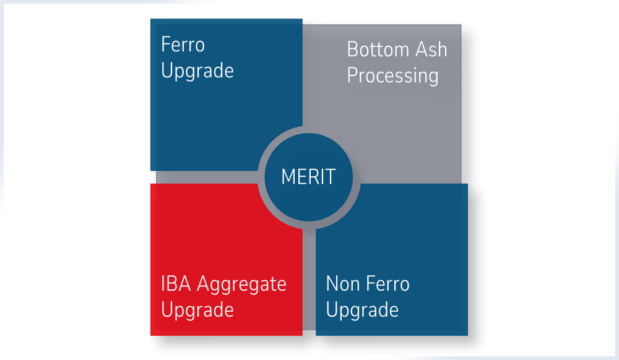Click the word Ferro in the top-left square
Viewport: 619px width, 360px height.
[x=183, y=45]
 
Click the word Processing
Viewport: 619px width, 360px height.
[x=392, y=77]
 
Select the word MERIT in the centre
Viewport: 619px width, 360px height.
[x=308, y=177]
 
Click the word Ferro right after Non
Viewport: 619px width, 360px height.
[x=389, y=285]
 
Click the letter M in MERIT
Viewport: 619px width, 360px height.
[x=288, y=177]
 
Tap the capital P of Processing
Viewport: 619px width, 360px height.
[x=352, y=75]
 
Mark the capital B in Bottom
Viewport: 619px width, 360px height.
[x=352, y=49]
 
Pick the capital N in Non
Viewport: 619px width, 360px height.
[x=332, y=285]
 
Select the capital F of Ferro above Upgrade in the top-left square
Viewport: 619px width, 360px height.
[x=165, y=45]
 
